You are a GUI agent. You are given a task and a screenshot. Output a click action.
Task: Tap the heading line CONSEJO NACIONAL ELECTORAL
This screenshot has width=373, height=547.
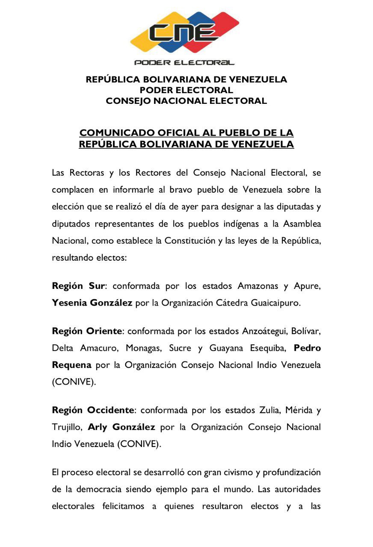[186, 101]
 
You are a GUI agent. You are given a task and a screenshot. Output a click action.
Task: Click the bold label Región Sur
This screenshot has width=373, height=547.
[78, 286]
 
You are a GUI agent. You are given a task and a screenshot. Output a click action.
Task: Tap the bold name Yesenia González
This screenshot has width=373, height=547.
[92, 303]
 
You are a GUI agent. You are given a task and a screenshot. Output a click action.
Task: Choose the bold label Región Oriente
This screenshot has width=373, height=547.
[87, 331]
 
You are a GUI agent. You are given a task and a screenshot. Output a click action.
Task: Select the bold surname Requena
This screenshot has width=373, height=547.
[71, 365]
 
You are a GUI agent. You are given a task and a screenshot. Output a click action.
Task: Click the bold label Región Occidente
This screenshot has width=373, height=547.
[93, 410]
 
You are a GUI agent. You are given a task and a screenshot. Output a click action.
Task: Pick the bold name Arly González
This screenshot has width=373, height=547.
[121, 427]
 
